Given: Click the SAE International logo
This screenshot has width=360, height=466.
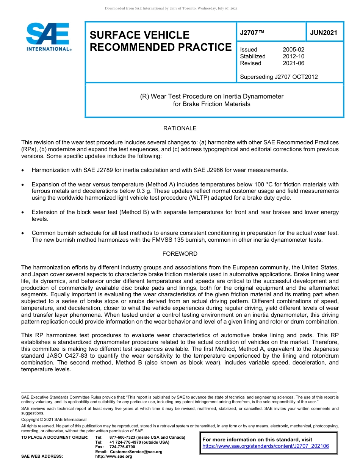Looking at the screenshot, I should tap(48, 37).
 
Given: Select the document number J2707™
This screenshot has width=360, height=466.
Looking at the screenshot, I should tap(252, 33).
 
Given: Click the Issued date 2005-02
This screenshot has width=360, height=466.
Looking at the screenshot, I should tap(293, 50).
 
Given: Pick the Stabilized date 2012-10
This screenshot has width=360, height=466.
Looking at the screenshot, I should tap(293, 56).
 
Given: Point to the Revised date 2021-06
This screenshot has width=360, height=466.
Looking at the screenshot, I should tap(293, 63).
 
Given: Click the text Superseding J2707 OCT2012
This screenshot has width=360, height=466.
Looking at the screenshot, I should tap(279, 77).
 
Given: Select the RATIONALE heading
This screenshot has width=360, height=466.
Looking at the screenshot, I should tap(180, 128).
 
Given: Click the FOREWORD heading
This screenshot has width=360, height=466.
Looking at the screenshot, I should tap(180, 254).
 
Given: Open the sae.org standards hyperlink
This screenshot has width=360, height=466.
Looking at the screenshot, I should tap(266, 446).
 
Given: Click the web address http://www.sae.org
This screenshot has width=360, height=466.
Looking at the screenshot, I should tap(114, 457).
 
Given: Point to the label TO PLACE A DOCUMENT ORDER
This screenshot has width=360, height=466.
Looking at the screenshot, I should tap(55, 437).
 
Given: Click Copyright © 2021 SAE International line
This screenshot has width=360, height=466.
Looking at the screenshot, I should tap(54, 419).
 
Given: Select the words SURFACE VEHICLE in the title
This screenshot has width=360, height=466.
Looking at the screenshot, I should tap(139, 35).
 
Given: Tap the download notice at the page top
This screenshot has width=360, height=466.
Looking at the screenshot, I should tap(171, 8).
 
